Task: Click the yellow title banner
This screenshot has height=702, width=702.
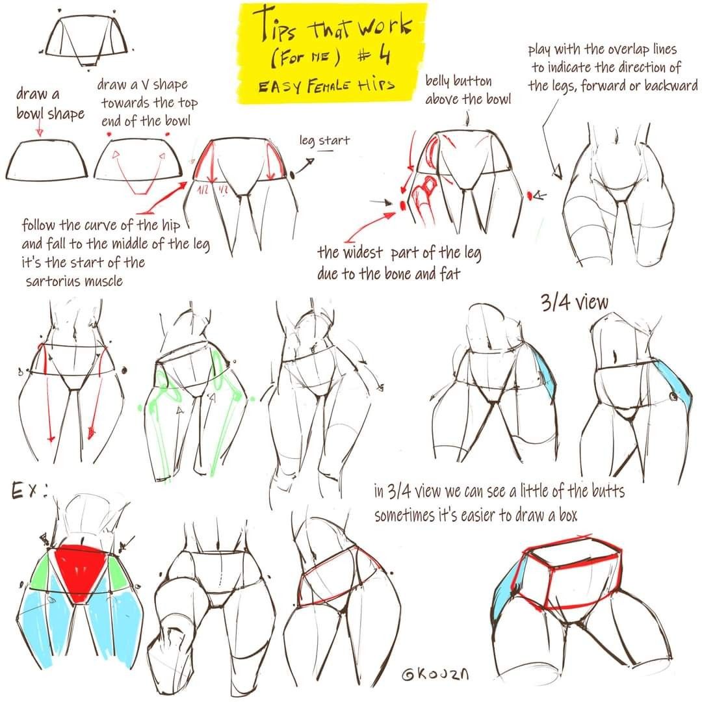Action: click(x=331, y=53)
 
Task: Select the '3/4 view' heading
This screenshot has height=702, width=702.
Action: click(x=575, y=302)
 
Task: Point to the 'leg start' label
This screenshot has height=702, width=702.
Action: click(x=324, y=140)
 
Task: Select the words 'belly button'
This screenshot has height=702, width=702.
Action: click(x=458, y=81)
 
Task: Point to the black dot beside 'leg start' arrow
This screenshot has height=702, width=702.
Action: click(x=292, y=175)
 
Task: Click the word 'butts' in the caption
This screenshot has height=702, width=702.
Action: click(x=608, y=491)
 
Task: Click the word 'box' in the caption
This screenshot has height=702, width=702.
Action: click(x=568, y=515)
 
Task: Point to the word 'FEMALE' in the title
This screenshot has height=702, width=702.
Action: click(x=329, y=86)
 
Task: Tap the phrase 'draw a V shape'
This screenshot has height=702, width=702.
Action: click(x=142, y=84)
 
